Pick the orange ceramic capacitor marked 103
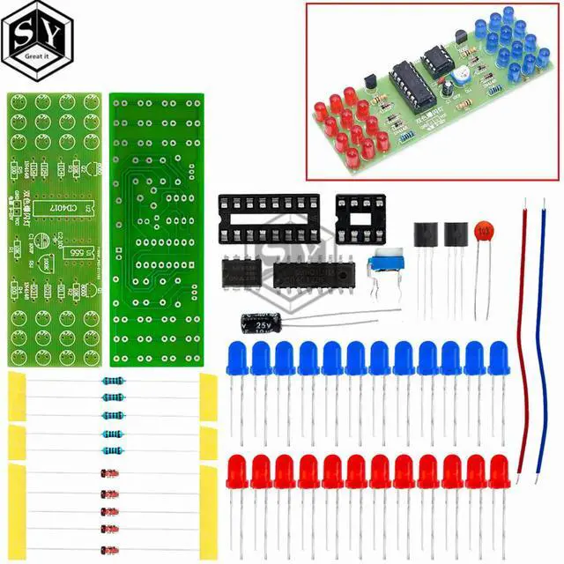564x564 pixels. tap(482, 231)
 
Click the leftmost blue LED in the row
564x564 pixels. tap(238, 357)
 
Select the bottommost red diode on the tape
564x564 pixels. tap(111, 545)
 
